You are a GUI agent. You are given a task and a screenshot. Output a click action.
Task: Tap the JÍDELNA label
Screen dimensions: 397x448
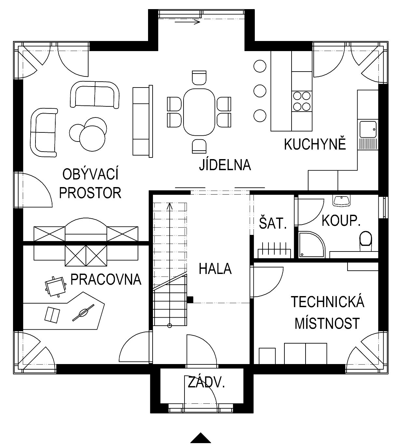click(225, 165)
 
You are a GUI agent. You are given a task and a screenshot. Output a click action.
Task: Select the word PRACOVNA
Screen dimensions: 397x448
click(106, 279)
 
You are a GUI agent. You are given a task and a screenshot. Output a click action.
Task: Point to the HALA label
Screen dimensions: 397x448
click(215, 269)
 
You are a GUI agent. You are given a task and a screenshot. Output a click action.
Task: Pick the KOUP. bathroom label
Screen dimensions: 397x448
click(341, 221)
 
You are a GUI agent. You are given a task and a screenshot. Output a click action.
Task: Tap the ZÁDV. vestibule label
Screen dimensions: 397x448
click(206, 382)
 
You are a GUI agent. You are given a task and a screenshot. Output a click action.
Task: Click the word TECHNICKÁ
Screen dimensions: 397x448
click(327, 302)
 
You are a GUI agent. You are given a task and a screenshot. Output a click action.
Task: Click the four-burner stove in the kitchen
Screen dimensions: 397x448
click(302, 102)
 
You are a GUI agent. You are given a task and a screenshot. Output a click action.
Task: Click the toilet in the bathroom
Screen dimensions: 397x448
click(366, 241)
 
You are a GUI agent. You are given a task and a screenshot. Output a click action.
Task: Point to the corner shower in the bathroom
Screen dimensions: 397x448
click(312, 244)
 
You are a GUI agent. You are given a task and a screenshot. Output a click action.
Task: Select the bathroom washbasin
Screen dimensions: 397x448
click(341, 201)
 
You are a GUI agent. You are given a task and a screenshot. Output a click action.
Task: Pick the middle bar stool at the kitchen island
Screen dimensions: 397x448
click(260, 91)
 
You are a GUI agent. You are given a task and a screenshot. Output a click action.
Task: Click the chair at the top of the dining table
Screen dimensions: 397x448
click(199, 78)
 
